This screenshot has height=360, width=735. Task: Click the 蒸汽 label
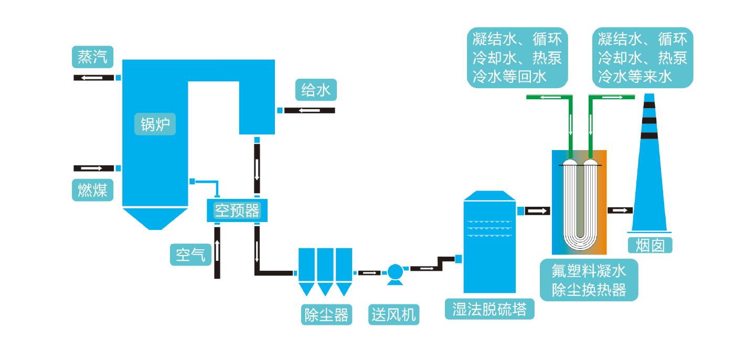92,57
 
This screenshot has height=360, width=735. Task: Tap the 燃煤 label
92,190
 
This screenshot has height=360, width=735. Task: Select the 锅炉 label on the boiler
155,124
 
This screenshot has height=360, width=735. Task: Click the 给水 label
316,90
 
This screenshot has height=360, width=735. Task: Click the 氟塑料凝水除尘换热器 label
589,280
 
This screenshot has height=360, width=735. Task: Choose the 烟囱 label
650,245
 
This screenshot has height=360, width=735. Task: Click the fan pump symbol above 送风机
394,272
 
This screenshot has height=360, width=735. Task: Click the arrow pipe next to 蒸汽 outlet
94,78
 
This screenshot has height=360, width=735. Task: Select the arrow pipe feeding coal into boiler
94,168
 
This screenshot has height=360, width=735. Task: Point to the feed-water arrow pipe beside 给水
310,110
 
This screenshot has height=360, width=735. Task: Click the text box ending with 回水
517,58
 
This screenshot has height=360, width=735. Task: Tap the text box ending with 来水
643,58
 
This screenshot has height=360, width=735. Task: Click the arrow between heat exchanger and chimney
620,210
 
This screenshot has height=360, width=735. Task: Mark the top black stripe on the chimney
649,104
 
